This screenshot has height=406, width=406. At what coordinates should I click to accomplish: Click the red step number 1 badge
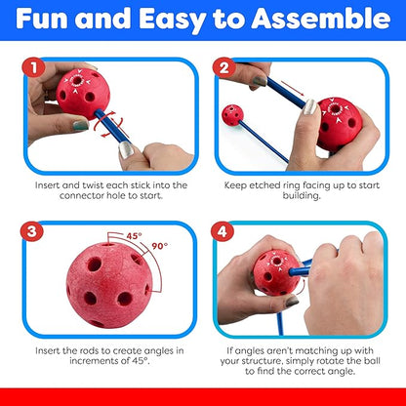pyautogui.click(x=33, y=68)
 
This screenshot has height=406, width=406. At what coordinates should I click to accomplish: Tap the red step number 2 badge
pyautogui.click(x=224, y=68)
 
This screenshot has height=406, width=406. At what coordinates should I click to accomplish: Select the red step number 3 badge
pyautogui.click(x=32, y=232)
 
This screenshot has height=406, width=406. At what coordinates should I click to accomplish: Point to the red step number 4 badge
pyautogui.click(x=223, y=232)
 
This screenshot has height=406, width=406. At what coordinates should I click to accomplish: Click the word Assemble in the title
pyautogui.click(x=321, y=19)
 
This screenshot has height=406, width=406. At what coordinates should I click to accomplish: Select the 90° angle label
pyautogui.click(x=160, y=246)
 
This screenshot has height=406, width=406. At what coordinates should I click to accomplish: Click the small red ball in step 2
pyautogui.click(x=232, y=115)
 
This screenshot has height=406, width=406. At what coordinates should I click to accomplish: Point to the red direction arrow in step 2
pyautogui.click(x=293, y=89)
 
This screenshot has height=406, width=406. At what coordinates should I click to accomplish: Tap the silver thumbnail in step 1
pyautogui.click(x=126, y=150)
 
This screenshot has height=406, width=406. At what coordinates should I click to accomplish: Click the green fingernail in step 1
pyautogui.click(x=81, y=125)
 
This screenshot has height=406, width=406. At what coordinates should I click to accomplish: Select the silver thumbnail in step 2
pyautogui.click(x=310, y=107)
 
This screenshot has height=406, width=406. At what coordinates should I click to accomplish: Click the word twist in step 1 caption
pyautogui.click(x=93, y=185)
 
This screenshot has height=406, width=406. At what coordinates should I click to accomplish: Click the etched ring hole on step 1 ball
pyautogui.click(x=77, y=80)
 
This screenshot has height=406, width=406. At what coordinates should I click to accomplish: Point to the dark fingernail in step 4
pyautogui.click(x=292, y=302)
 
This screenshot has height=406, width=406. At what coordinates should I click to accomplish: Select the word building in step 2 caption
pyautogui.click(x=302, y=196)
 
